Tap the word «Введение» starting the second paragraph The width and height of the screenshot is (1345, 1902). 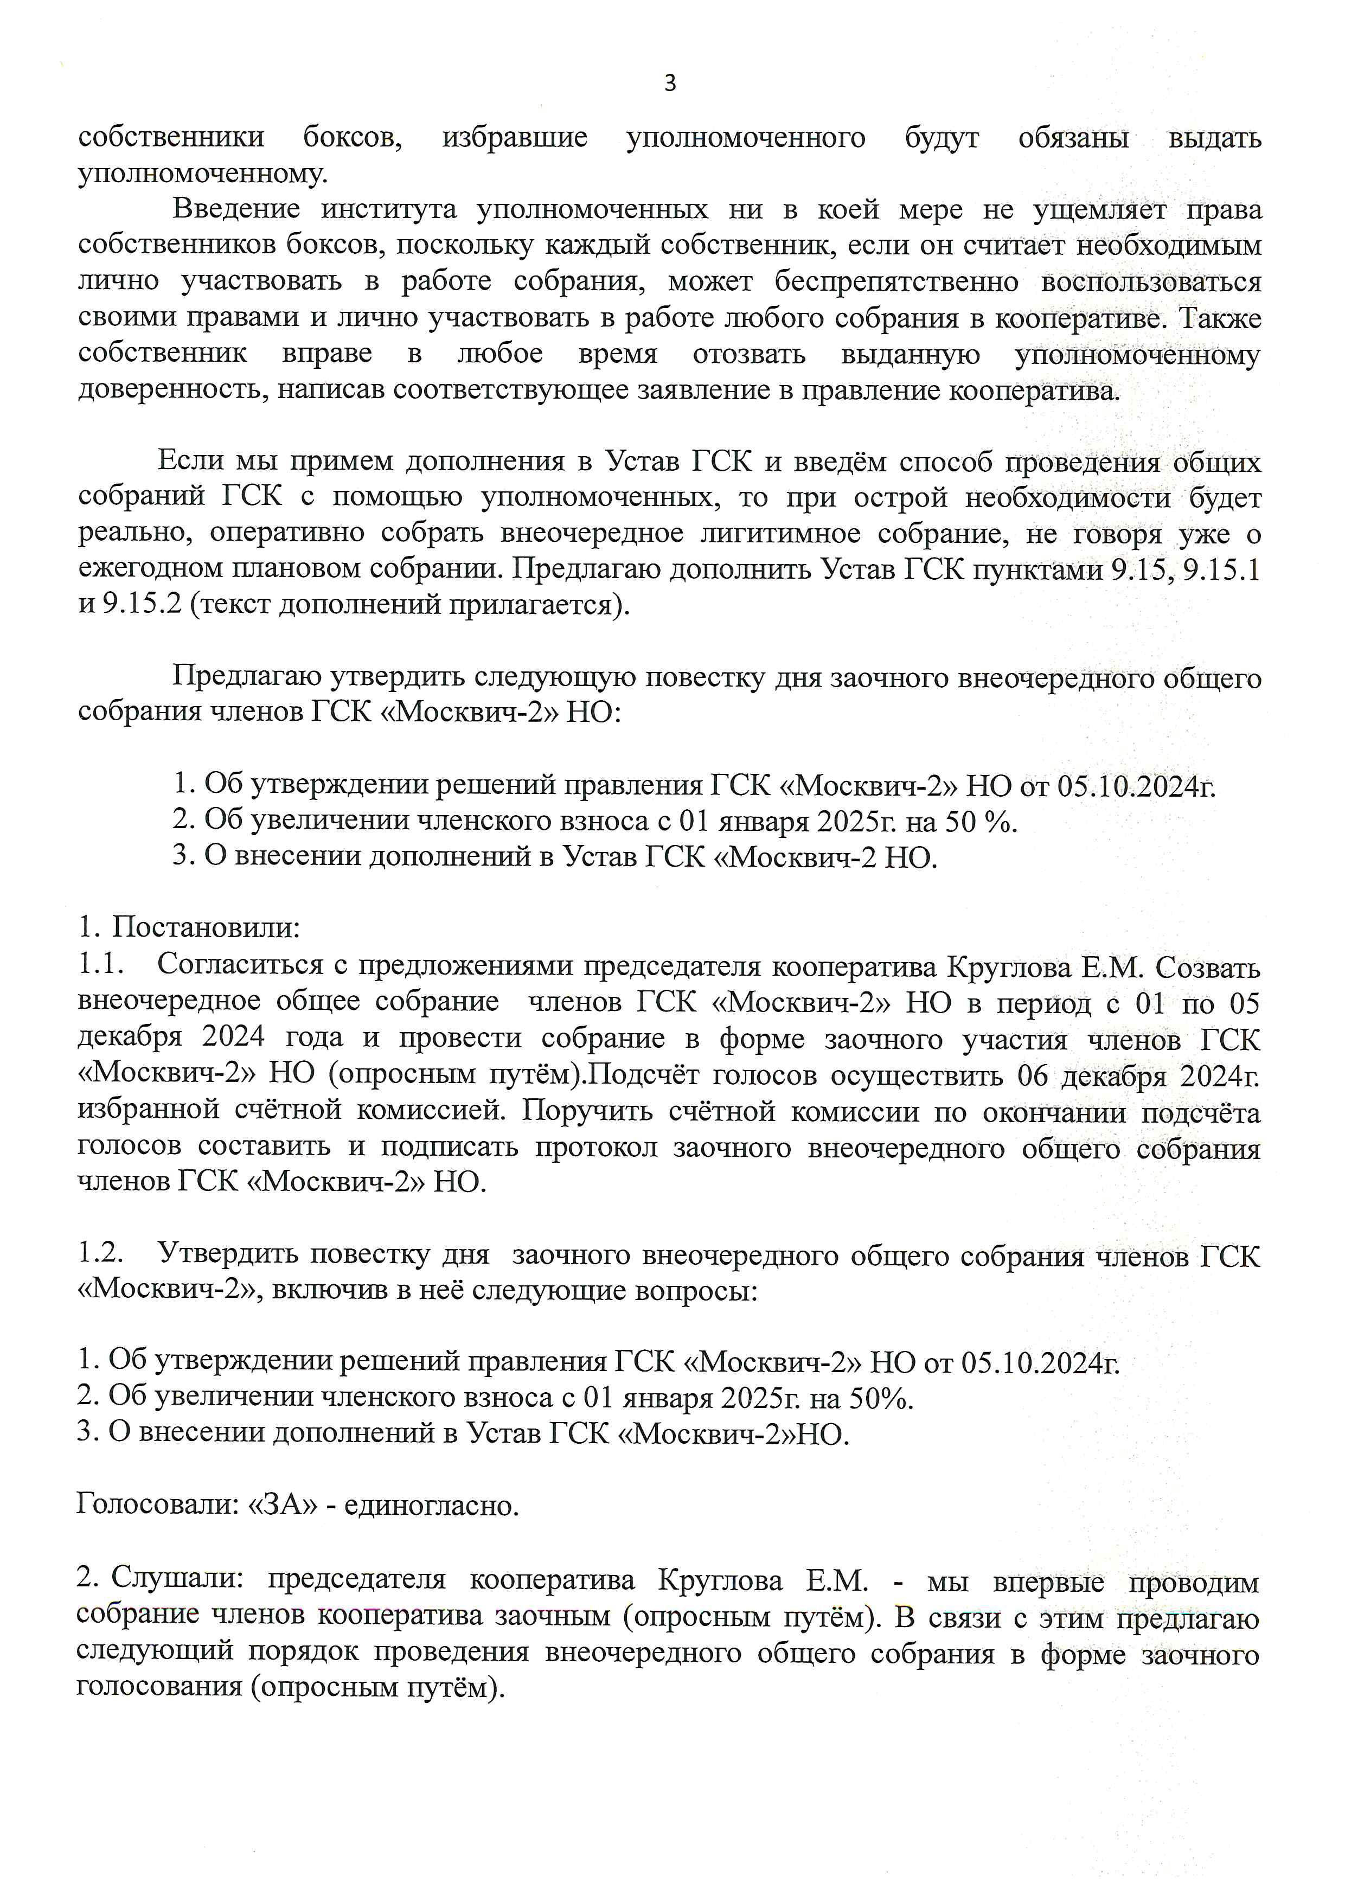236,209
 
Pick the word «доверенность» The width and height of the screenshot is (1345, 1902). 172,390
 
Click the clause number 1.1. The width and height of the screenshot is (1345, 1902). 100,965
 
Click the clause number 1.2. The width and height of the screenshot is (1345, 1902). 100,1254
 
